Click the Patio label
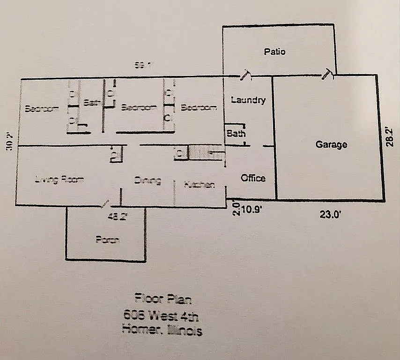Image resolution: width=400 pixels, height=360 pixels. click(274, 52)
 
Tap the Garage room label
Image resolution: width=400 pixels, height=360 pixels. click(331, 144)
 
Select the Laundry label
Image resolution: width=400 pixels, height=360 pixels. click(248, 100)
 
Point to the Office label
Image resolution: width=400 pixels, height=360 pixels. click(253, 178)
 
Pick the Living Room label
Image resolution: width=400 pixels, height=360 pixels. click(59, 179)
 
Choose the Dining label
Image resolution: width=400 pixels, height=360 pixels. click(148, 180)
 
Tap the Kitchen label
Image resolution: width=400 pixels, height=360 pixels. click(200, 185)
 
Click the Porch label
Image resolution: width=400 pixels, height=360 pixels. click(107, 240)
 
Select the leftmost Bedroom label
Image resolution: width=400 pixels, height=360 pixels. click(42, 108)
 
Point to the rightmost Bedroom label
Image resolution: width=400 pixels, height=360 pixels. click(199, 107)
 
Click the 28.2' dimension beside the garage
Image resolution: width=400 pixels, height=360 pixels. click(390, 135)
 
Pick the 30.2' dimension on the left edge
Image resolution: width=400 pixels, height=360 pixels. click(8, 141)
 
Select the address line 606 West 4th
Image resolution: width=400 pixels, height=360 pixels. click(163, 315)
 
